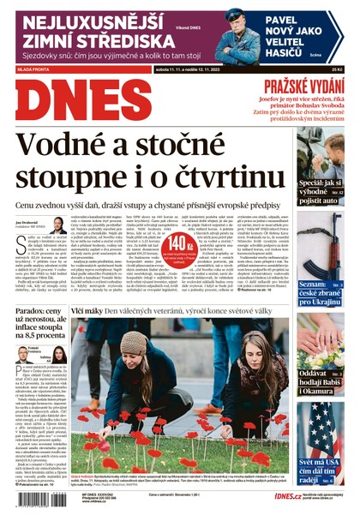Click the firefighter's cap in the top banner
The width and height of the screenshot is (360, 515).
(x=234, y=14)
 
